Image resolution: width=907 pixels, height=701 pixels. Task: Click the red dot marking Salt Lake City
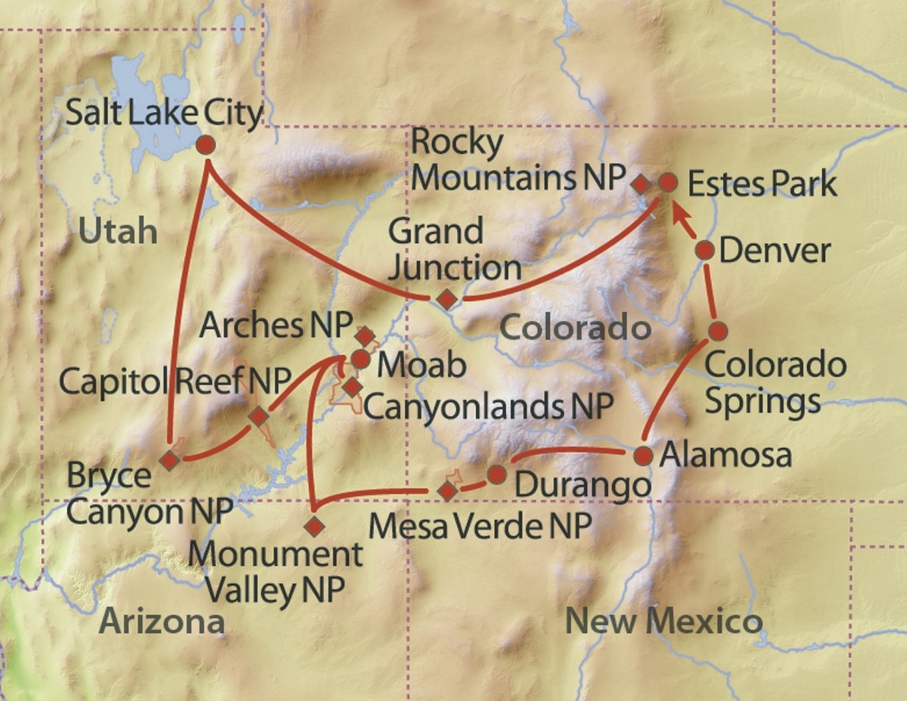tap(205, 145)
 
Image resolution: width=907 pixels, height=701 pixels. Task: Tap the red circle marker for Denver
tap(705, 250)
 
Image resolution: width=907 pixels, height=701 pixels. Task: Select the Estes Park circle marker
tap(668, 182)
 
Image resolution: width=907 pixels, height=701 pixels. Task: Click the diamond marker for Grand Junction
tap(446, 299)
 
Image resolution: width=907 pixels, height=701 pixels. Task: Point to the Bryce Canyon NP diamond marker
tap(169, 459)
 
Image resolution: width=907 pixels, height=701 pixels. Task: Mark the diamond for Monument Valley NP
tap(315, 525)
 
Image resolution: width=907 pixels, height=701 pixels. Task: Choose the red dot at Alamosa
tap(643, 456)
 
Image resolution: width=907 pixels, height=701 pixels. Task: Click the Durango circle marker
tap(497, 474)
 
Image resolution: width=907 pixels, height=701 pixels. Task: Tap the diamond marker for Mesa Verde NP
tap(447, 491)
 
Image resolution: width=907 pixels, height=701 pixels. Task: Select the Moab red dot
tap(360, 360)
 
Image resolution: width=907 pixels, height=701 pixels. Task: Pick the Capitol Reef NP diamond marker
tap(259, 416)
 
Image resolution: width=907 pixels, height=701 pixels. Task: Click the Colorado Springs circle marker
tap(718, 331)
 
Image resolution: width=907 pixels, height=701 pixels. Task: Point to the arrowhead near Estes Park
tap(678, 215)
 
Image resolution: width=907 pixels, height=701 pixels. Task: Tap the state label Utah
tap(118, 231)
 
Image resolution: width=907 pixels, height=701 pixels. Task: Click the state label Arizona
tap(162, 622)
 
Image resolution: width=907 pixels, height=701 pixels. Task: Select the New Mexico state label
tap(664, 621)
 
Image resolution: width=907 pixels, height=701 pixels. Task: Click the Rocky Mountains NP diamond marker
tap(641, 184)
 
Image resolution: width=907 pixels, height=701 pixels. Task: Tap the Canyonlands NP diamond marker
tap(352, 387)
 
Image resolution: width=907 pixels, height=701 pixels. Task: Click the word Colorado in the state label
tap(575, 328)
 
